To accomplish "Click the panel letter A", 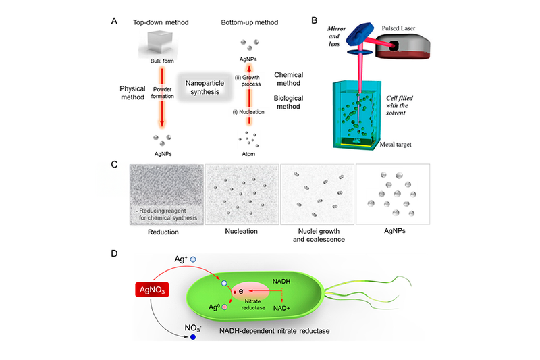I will (x=115, y=20).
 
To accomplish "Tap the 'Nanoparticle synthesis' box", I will (x=202, y=87).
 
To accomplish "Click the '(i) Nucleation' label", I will (x=250, y=111).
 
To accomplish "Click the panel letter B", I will (x=314, y=20).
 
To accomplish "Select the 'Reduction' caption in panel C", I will (x=165, y=232).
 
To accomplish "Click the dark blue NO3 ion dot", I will (x=194, y=335).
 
